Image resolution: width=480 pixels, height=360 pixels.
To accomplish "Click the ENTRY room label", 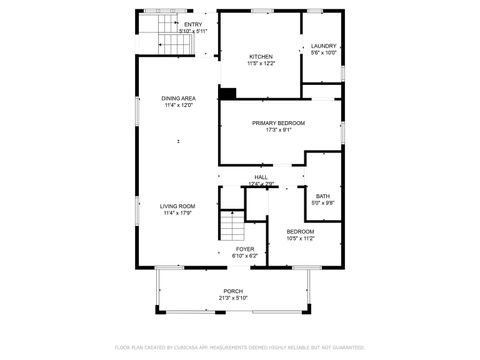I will (191, 24).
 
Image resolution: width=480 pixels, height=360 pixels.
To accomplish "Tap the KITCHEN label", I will (261, 56).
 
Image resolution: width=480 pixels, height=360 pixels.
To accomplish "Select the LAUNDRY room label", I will (324, 46).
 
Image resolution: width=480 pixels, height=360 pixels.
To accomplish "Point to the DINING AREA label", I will (178, 98).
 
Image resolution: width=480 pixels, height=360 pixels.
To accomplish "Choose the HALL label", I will (260, 177).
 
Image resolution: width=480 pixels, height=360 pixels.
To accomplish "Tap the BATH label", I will (323, 196).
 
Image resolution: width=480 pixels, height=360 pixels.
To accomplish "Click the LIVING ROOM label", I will (177, 206).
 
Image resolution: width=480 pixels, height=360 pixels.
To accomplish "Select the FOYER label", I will (245, 249).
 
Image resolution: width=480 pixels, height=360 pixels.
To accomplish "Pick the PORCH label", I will (232, 291).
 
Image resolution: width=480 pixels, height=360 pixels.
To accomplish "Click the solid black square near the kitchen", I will (227, 94).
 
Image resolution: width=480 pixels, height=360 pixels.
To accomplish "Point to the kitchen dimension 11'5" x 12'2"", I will (261, 63).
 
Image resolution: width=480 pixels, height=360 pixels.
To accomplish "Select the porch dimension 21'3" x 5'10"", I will (232, 298).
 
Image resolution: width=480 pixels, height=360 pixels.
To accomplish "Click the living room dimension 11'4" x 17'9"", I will (177, 213).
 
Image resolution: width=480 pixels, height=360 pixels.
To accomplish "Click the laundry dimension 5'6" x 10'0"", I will (324, 53).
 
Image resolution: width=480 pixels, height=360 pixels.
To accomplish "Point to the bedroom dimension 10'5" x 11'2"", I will (300, 238).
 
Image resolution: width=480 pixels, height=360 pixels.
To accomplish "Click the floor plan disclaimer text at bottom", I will (240, 348).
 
